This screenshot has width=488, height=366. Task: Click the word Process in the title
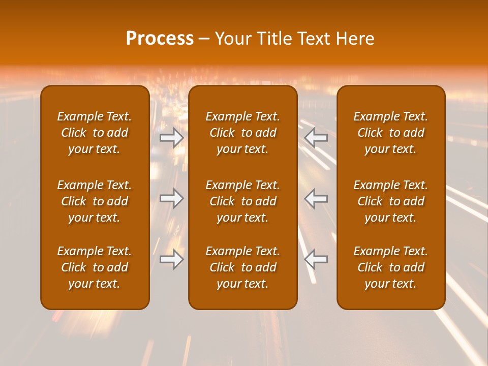tap(160, 39)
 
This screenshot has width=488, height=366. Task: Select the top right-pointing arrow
tap(172, 138)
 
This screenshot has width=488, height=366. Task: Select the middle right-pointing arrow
tap(172, 198)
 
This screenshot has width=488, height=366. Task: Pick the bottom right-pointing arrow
tap(172, 260)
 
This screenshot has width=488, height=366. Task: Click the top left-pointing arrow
tap(316, 138)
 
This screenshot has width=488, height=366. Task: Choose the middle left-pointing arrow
tap(316, 198)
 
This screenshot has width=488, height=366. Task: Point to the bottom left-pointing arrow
tap(316, 260)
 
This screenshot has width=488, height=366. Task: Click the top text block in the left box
tap(95, 133)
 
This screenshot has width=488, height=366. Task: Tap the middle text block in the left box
tap(95, 201)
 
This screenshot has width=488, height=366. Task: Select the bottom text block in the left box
tap(95, 267)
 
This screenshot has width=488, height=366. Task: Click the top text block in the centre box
tap(243, 133)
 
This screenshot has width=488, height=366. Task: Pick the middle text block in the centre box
tap(243, 201)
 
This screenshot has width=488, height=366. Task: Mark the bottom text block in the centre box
tap(243, 267)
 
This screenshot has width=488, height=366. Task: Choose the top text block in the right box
tap(391, 133)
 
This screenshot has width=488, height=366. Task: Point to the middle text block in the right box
tap(391, 201)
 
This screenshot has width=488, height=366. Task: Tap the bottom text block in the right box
tap(391, 267)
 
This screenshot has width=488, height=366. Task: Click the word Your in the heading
tap(233, 39)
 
